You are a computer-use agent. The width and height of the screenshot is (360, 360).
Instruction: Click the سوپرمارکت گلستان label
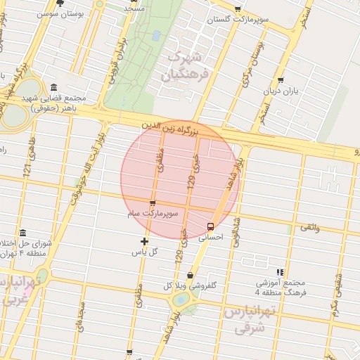(x=238, y=20)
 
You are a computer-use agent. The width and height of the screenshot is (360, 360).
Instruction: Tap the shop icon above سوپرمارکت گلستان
(x=238, y=9)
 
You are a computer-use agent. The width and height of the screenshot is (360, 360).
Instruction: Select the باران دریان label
(x=281, y=91)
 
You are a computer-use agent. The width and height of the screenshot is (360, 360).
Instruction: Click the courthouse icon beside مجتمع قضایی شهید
(x=54, y=87)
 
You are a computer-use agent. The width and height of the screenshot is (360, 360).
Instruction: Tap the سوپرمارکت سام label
(x=153, y=212)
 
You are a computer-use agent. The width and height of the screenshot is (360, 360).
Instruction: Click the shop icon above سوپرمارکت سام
(x=153, y=203)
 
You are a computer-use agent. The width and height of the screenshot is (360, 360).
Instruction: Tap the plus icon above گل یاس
(x=144, y=241)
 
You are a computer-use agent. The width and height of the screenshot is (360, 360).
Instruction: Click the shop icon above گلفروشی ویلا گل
(x=191, y=275)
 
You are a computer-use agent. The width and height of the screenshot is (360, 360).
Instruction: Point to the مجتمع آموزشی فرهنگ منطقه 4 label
(x=280, y=286)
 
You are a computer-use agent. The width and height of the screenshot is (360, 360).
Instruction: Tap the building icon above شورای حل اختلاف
(x=23, y=233)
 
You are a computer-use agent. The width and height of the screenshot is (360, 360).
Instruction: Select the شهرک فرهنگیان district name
(x=186, y=64)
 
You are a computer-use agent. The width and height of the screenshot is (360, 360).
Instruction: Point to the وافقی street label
(x=309, y=227)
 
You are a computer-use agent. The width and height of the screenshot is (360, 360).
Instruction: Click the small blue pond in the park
(x=155, y=34)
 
